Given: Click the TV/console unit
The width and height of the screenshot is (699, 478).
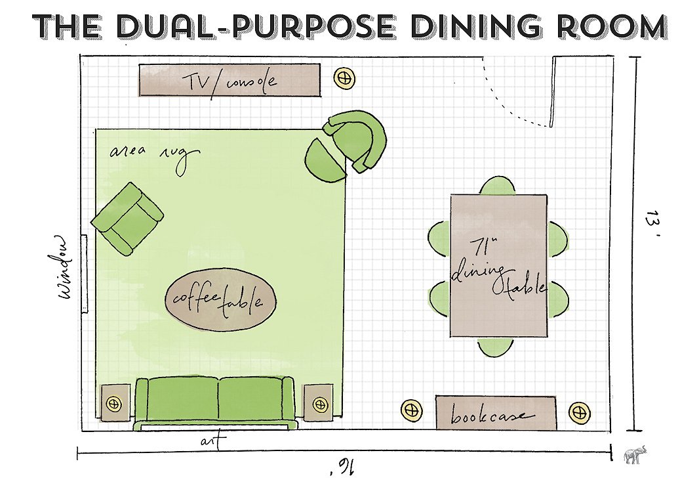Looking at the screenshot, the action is pyautogui.click(x=230, y=80).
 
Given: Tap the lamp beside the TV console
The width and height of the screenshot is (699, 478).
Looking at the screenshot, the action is pyautogui.click(x=344, y=78).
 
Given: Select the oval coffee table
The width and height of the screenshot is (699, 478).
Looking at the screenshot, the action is pyautogui.click(x=220, y=299).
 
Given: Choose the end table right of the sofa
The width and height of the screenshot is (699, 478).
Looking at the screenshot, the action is pyautogui.click(x=318, y=403).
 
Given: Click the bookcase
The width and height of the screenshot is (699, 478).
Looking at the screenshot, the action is pyautogui.click(x=496, y=413).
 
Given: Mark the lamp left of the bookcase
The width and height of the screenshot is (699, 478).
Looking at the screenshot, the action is pyautogui.click(x=411, y=410).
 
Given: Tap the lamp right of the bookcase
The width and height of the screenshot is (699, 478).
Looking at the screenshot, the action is pyautogui.click(x=580, y=412).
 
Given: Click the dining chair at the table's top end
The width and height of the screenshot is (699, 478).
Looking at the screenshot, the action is pyautogui.click(x=498, y=185).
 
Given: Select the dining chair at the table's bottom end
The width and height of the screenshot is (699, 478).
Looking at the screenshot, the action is pyautogui.click(x=495, y=347).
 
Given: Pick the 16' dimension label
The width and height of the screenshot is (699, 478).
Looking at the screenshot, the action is pyautogui.click(x=343, y=467).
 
